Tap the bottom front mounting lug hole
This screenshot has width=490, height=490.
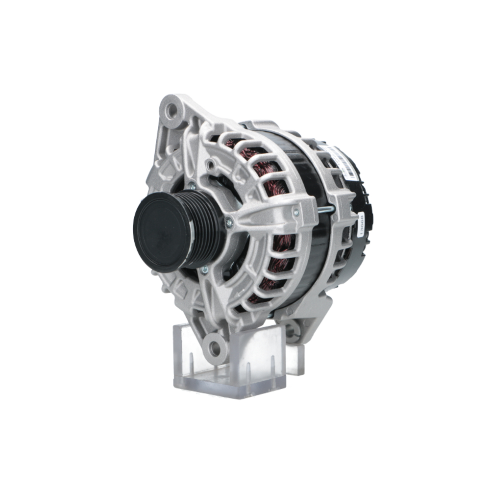pyautogui.click(x=214, y=347)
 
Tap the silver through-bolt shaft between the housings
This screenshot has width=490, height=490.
pyautogui.click(x=324, y=210)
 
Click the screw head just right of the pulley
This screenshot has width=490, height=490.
pyautogui.click(x=229, y=223)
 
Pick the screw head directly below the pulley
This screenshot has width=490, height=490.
pyautogui.click(x=204, y=269)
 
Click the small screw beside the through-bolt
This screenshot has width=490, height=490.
pyautogui.click(x=295, y=212)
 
